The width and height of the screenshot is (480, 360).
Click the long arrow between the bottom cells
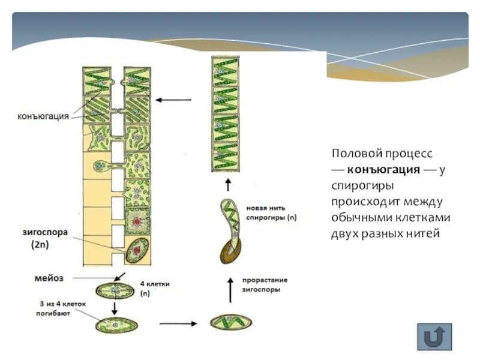point(178,323)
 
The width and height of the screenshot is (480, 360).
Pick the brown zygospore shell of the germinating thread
point(227,252)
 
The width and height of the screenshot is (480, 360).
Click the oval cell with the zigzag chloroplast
point(230,323)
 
